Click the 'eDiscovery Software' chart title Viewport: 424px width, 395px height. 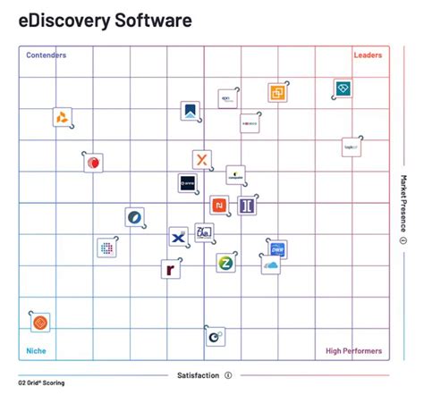pyautogui.click(x=106, y=20)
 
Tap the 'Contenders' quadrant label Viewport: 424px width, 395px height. pyautogui.click(x=46, y=55)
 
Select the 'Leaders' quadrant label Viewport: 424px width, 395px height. pyautogui.click(x=368, y=55)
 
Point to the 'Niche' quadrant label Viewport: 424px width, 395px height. pyautogui.click(x=36, y=351)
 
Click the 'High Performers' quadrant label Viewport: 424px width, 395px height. pyautogui.click(x=353, y=351)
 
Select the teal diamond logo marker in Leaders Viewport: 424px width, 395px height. pyautogui.click(x=343, y=88)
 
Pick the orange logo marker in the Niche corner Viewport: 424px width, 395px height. pyautogui.click(x=40, y=322)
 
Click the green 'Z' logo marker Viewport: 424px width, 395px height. pyautogui.click(x=225, y=263)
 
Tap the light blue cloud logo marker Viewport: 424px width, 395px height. pyautogui.click(x=271, y=265)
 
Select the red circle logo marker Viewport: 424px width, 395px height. pyautogui.click(x=93, y=163)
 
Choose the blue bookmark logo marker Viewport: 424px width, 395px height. pyautogui.click(x=190, y=112)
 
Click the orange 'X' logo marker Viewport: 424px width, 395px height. pyautogui.click(x=203, y=160)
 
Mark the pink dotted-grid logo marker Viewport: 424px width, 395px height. pyautogui.click(x=106, y=248)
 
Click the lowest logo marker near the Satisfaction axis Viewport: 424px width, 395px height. pyautogui.click(x=215, y=336)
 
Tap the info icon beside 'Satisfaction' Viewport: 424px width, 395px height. pyautogui.click(x=228, y=375)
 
